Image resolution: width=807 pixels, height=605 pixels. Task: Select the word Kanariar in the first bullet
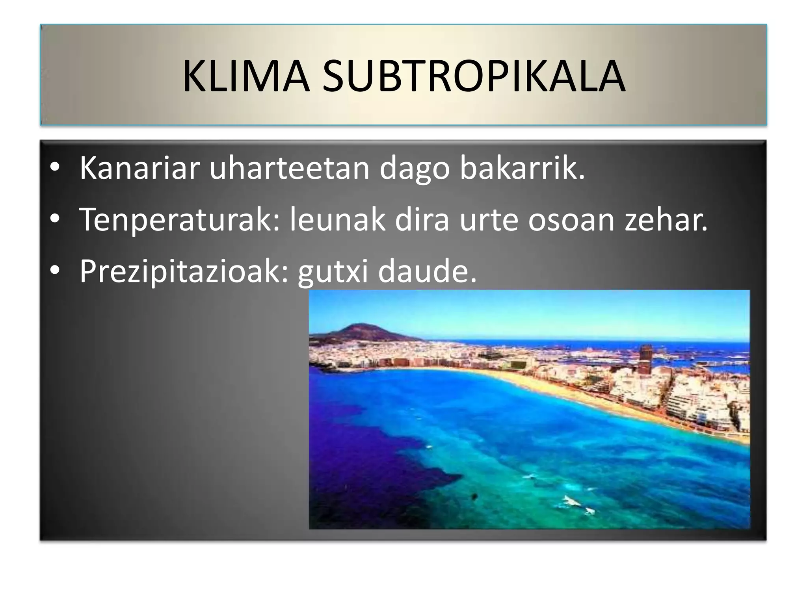(139, 169)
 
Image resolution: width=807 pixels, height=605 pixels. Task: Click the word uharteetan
(289, 169)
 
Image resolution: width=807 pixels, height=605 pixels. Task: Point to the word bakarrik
(522, 169)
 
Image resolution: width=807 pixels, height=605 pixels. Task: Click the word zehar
(666, 220)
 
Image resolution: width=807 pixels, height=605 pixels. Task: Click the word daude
(427, 272)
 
